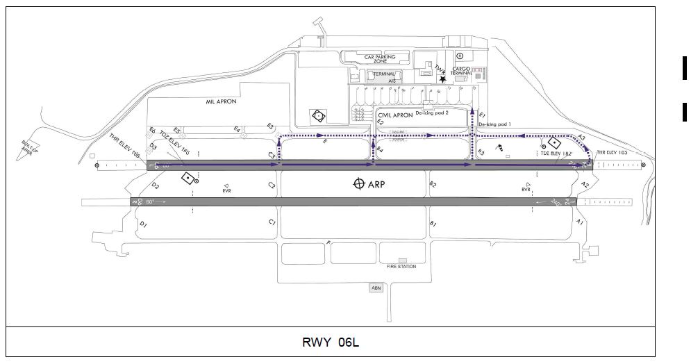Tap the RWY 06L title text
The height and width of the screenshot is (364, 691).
coord(331,342)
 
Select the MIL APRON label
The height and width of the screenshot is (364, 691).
coord(222,101)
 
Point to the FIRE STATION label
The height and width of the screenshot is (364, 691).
coord(401,266)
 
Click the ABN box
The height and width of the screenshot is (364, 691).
coord(376,288)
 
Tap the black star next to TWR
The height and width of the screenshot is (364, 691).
coord(442,79)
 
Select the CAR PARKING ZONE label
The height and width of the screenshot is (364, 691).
coord(381,59)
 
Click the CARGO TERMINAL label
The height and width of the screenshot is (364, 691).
coord(462,72)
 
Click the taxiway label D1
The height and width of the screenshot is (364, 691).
coord(143,224)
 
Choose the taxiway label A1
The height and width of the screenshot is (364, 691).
coord(579,221)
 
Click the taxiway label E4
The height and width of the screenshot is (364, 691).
coord(237,129)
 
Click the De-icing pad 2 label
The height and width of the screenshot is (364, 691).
coord(433,112)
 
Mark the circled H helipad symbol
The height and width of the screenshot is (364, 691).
coord(460,56)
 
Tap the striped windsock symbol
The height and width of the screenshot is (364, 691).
coord(500,148)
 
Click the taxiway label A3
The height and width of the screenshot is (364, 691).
coord(582,138)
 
